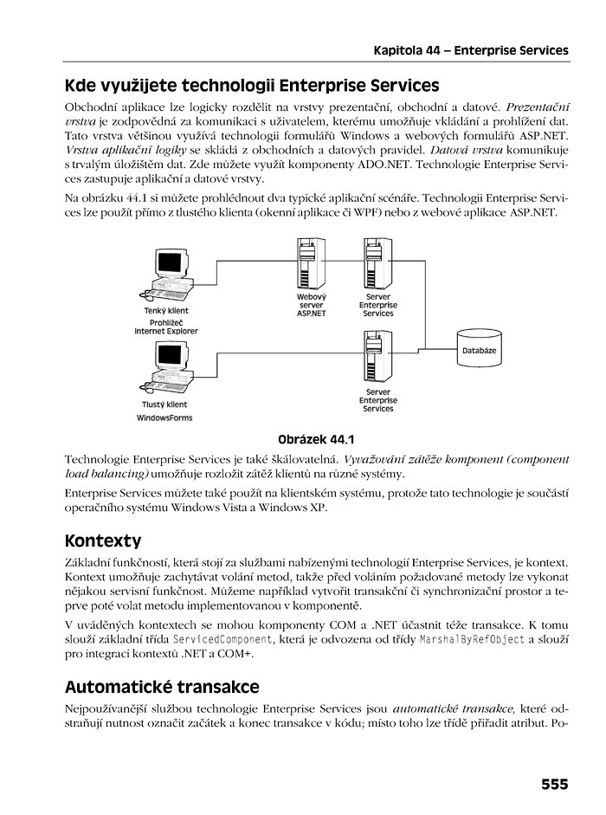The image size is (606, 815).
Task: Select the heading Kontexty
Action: tap(102, 541)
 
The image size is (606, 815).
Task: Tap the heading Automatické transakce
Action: tap(162, 687)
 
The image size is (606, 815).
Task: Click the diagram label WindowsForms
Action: tap(164, 417)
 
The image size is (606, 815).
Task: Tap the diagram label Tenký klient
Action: tap(165, 310)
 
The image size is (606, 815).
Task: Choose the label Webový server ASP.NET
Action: tap(311, 305)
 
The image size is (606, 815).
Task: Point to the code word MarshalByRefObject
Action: tap(472, 640)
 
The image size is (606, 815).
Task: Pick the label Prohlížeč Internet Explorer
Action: tap(165, 326)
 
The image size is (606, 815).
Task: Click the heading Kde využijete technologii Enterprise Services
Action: tap(252, 86)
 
